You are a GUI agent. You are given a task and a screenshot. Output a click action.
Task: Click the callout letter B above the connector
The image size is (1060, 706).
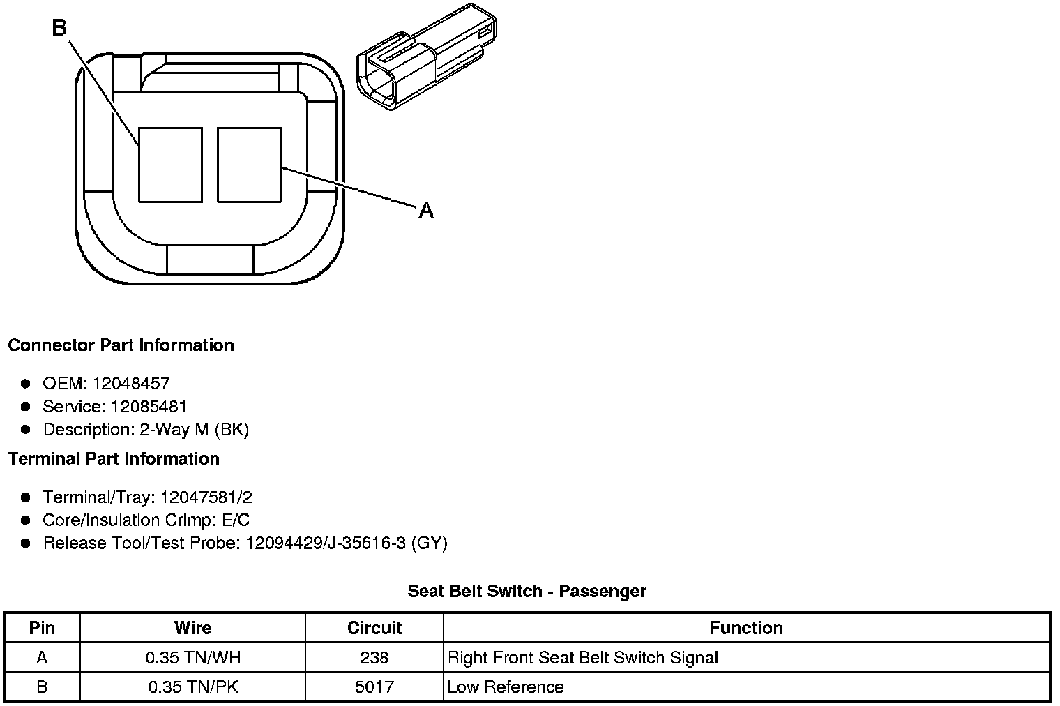tap(59, 28)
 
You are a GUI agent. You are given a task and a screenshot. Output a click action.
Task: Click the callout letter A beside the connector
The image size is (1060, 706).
tap(426, 209)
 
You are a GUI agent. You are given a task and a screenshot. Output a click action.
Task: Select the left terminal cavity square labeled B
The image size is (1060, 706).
tap(170, 165)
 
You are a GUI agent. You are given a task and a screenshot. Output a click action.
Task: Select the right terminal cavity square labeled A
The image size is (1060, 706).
tap(249, 165)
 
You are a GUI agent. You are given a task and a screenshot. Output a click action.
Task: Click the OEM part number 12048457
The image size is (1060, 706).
tap(131, 383)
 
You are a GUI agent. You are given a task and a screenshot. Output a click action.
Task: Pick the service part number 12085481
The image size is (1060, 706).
tap(149, 406)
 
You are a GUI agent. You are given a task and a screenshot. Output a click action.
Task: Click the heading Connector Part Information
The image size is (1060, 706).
tap(121, 345)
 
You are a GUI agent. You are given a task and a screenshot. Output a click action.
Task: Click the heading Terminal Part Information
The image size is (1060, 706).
tap(114, 458)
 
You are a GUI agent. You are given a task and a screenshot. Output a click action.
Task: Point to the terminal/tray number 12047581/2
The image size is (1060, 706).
tap(206, 497)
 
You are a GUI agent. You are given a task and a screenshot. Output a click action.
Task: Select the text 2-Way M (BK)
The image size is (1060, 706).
tap(194, 429)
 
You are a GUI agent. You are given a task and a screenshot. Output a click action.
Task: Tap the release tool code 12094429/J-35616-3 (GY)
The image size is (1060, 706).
tap(346, 543)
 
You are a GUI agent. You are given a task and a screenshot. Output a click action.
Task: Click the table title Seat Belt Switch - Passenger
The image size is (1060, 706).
tap(527, 592)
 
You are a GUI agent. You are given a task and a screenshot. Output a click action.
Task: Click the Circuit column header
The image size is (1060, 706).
tap(374, 628)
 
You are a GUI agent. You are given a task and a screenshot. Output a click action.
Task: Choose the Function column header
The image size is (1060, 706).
tap(746, 628)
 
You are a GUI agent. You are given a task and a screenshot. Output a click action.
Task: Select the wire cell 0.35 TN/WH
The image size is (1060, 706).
tap(193, 657)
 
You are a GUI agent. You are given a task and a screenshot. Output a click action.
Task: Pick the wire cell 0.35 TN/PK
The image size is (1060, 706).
tap(193, 686)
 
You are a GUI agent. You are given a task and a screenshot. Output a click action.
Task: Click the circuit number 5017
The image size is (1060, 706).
tap(374, 686)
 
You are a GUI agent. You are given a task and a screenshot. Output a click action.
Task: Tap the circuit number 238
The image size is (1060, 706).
tap(374, 657)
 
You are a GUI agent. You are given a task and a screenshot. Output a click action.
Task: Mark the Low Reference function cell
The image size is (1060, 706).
tap(505, 686)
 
